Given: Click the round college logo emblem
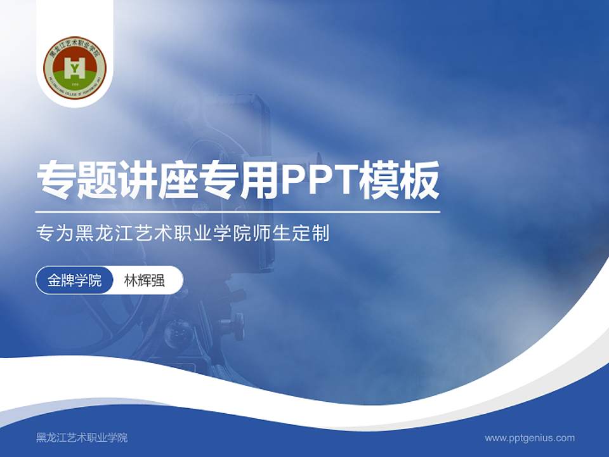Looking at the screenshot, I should [75, 68].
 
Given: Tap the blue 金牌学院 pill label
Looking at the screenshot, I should [75, 281].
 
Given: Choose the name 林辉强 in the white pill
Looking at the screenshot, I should [145, 281].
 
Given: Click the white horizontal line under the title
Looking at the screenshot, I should [237, 212].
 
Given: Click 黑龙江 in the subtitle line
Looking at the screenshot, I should [99, 234].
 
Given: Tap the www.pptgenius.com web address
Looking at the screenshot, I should [530, 437].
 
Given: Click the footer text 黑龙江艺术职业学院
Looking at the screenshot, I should [82, 437].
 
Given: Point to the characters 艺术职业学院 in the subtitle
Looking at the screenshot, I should [197, 234].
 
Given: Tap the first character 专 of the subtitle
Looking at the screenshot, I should [44, 234].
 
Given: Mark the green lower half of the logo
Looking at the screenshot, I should [75, 81].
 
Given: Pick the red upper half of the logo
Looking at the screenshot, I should [75, 53].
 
